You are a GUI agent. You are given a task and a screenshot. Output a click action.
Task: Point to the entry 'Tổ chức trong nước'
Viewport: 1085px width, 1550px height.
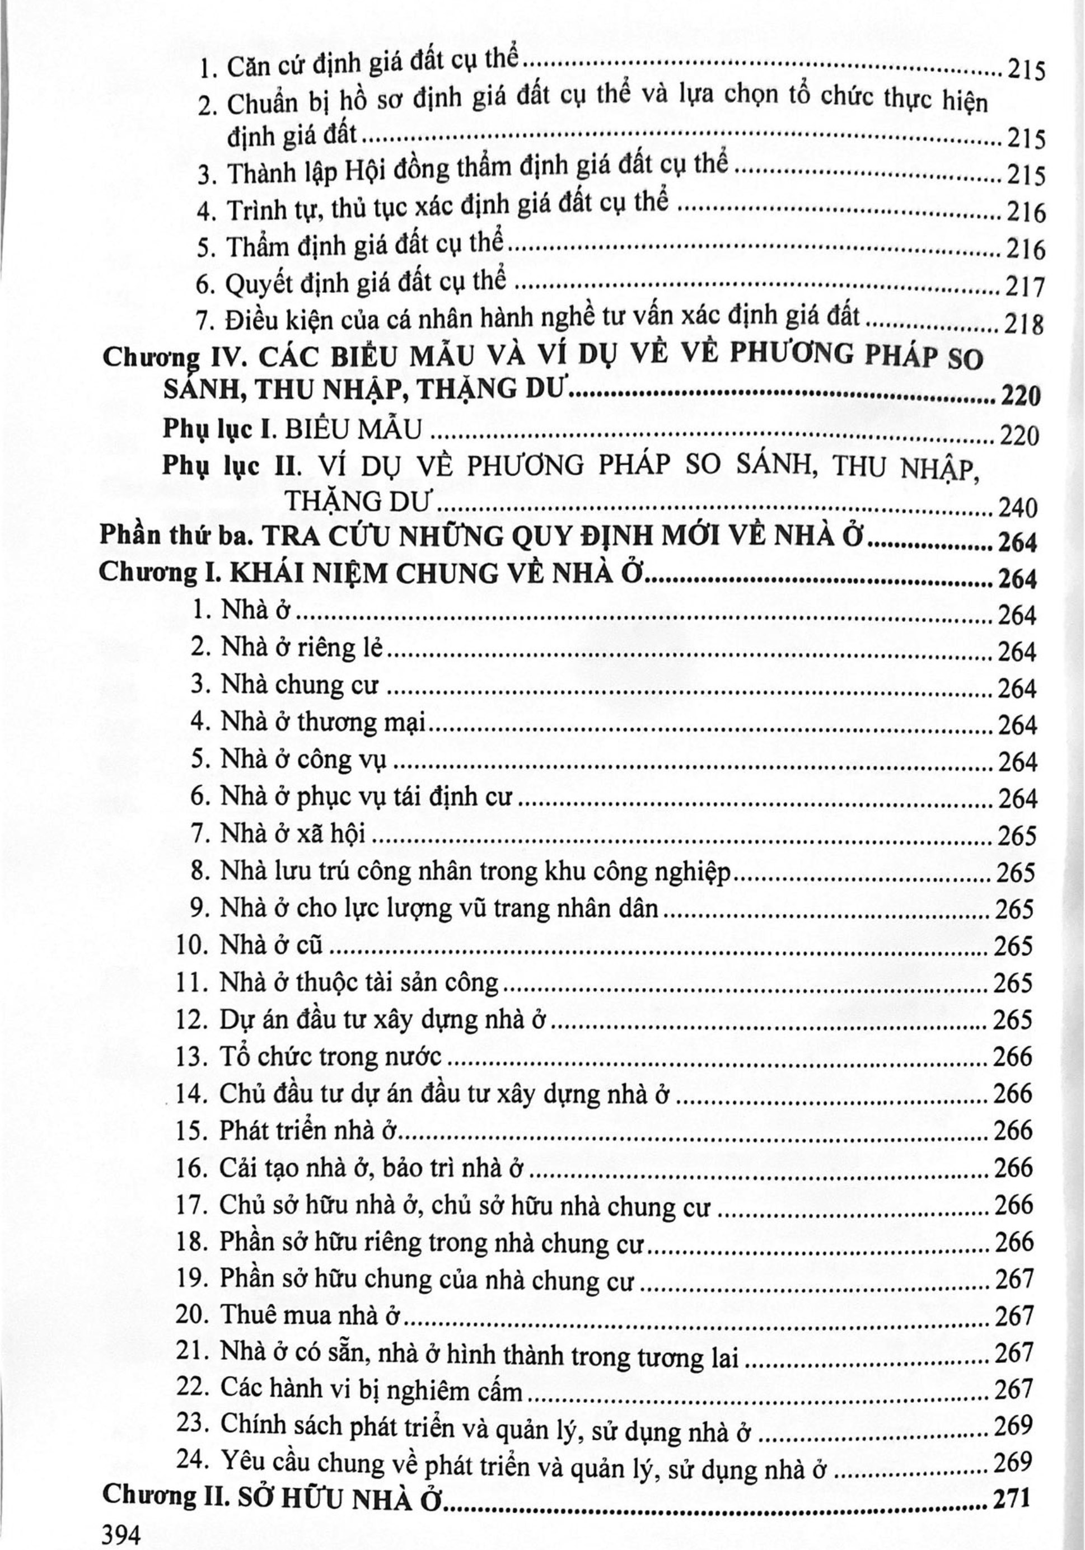click(331, 1056)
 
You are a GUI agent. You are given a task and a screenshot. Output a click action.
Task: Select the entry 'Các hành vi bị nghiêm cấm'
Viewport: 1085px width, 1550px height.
click(371, 1388)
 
